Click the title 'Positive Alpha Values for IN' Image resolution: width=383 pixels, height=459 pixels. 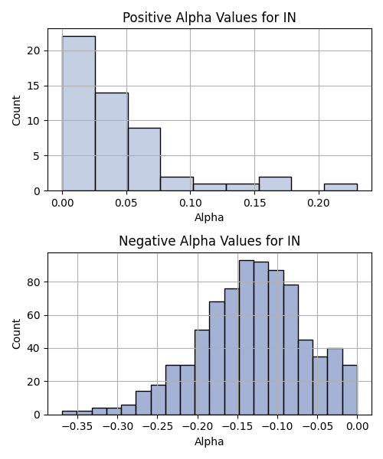(209, 18)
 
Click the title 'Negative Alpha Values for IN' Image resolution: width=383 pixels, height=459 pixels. (209, 241)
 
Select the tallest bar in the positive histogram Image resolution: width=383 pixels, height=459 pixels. (79, 113)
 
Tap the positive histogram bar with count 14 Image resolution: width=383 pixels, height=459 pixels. (112, 142)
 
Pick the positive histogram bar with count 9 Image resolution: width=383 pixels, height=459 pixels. (144, 159)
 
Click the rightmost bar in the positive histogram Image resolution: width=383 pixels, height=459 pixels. (341, 187)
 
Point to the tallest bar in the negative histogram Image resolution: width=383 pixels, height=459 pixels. (247, 337)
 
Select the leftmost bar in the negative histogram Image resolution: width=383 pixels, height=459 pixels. (70, 413)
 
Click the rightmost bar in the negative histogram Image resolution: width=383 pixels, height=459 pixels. (350, 390)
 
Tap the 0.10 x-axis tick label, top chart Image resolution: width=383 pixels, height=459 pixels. (191, 203)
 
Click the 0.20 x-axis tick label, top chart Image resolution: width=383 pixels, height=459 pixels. (319, 203)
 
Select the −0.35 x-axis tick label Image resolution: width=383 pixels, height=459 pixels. (77, 426)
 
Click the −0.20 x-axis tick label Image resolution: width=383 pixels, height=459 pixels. (198, 426)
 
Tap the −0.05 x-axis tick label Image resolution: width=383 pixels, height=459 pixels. (318, 426)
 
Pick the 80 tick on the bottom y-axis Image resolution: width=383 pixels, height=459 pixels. (33, 282)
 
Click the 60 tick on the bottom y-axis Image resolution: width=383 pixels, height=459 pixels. (33, 315)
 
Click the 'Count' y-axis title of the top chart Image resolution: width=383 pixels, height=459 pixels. (16, 110)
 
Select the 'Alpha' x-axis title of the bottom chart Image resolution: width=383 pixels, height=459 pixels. (209, 441)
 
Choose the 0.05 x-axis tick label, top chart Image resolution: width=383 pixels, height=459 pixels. (126, 203)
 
